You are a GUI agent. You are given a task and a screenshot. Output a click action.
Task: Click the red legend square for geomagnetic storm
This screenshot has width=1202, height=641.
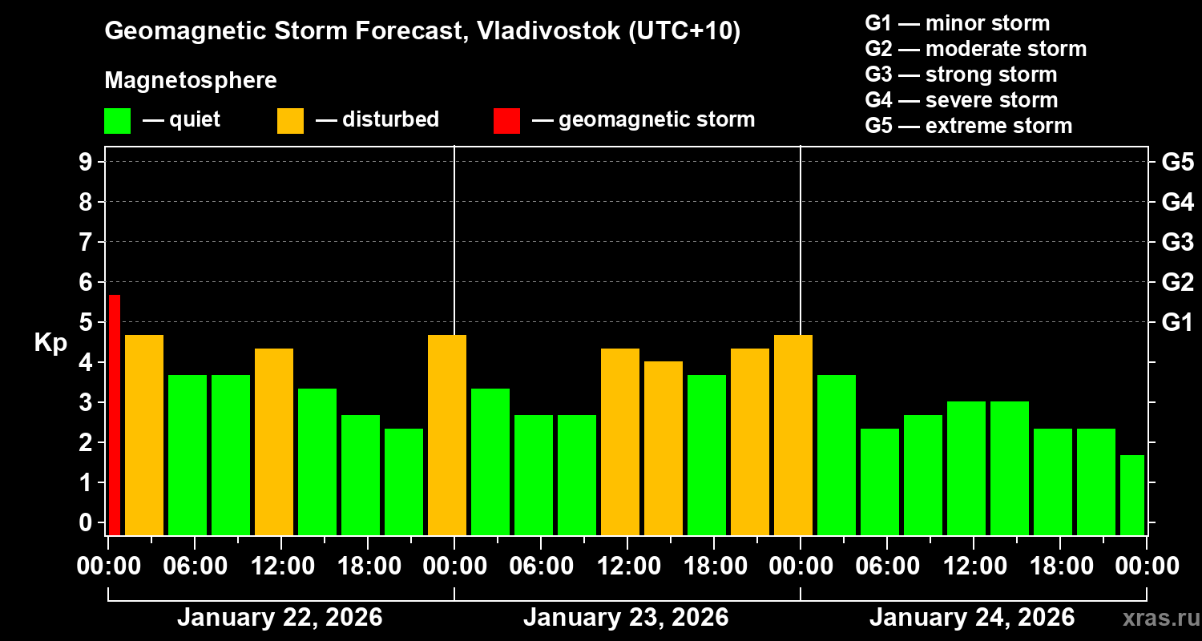pyautogui.click(x=506, y=120)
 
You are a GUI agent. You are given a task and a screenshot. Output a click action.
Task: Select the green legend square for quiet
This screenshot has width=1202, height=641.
pyautogui.click(x=117, y=120)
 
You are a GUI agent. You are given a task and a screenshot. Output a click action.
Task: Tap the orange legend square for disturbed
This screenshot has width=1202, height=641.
pyautogui.click(x=290, y=120)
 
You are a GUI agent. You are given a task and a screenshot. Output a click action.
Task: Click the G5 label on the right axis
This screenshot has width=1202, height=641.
pyautogui.click(x=1177, y=162)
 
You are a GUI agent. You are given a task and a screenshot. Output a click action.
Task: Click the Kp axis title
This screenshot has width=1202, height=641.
pyautogui.click(x=50, y=342)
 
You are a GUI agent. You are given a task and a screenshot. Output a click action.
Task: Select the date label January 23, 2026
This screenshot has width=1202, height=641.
pyautogui.click(x=626, y=618)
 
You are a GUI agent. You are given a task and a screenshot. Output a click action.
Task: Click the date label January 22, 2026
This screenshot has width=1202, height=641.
pyautogui.click(x=280, y=618)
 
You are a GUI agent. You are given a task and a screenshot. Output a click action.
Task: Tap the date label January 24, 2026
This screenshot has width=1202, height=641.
pyautogui.click(x=972, y=618)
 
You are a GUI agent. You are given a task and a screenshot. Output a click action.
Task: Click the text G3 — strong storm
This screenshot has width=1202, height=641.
pyautogui.click(x=961, y=75)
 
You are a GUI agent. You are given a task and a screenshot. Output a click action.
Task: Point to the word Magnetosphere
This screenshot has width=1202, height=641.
pyautogui.click(x=191, y=81)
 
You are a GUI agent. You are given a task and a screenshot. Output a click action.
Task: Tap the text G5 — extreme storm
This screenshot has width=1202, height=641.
pyautogui.click(x=968, y=126)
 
